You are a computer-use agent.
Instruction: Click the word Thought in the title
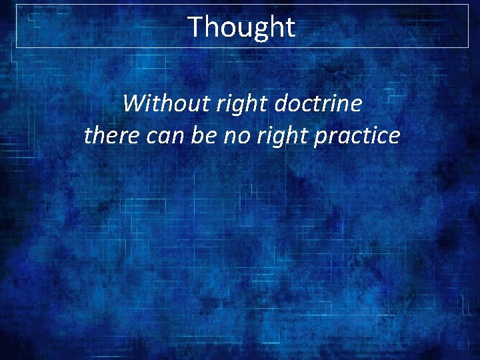pyautogui.click(x=241, y=27)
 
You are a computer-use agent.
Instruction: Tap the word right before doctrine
pyautogui.click(x=230, y=103)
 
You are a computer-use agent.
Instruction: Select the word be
pyautogui.click(x=200, y=135)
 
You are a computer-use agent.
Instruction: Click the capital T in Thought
pyautogui.click(x=196, y=27)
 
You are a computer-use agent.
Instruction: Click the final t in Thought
pyautogui.click(x=289, y=27)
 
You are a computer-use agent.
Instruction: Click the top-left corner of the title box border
pyautogui.click(x=17, y=5)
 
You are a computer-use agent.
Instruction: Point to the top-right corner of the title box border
pyautogui.click(x=469, y=5)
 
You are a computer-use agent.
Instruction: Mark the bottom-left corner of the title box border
pyautogui.click(x=17, y=47)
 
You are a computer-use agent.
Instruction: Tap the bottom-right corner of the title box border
pyautogui.click(x=469, y=47)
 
